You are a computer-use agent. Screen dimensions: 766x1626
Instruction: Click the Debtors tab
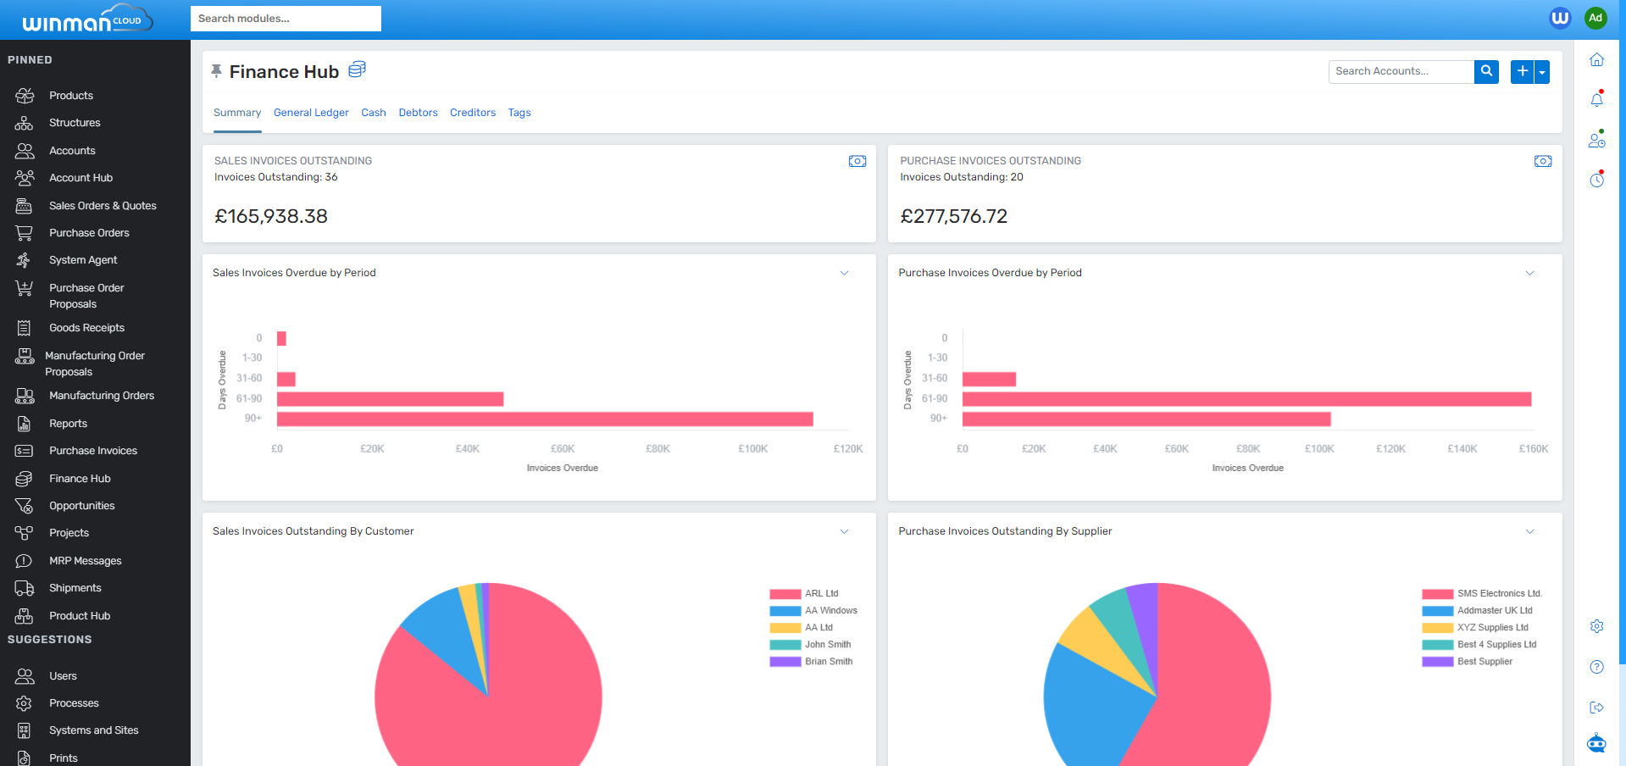click(x=418, y=113)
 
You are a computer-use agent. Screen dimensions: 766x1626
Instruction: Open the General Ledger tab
click(x=311, y=113)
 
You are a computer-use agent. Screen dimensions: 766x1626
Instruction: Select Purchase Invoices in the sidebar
click(x=92, y=451)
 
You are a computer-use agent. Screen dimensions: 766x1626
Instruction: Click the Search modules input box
click(x=286, y=19)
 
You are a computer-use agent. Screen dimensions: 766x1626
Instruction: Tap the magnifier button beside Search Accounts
click(x=1486, y=71)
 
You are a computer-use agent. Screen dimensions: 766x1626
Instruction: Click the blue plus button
click(x=1523, y=71)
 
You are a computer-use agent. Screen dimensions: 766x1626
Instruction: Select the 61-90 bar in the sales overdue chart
click(x=390, y=399)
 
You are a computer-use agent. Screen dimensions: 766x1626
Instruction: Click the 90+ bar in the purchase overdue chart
click(x=1146, y=419)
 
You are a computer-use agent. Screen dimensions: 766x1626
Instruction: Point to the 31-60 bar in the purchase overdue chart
click(x=989, y=380)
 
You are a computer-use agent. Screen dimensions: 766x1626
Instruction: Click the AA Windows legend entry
click(x=830, y=611)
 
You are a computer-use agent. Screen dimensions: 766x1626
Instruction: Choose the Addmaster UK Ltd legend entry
click(x=1494, y=611)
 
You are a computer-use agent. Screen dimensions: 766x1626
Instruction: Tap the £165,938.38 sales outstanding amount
click(x=271, y=217)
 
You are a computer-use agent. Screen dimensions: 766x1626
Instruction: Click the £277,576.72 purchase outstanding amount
click(x=953, y=217)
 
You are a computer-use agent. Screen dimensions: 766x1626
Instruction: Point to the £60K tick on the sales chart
click(x=563, y=449)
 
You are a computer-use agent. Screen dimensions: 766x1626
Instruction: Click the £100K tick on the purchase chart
click(x=1319, y=449)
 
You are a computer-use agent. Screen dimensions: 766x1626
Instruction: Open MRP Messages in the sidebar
click(x=85, y=561)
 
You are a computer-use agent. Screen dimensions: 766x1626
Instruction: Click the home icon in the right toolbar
click(x=1596, y=60)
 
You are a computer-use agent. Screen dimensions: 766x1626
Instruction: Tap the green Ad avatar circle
click(x=1595, y=18)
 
